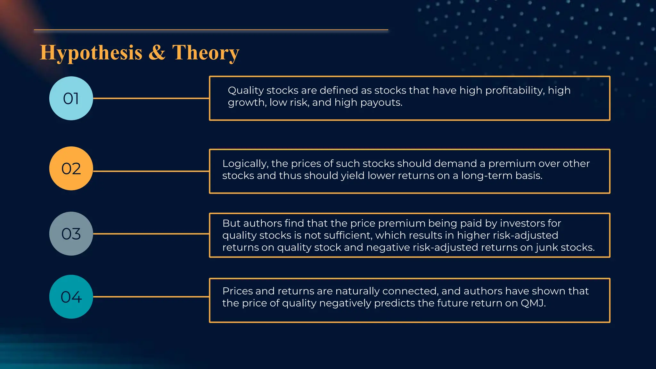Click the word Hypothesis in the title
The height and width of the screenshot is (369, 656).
click(x=91, y=53)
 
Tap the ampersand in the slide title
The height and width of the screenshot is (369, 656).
click(x=157, y=52)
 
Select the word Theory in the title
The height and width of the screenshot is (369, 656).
click(x=206, y=53)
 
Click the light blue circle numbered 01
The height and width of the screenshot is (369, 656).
click(x=71, y=98)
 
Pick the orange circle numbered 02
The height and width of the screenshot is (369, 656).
click(x=71, y=168)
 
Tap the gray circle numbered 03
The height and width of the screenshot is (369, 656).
click(x=71, y=234)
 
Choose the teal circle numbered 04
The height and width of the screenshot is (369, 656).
click(x=71, y=297)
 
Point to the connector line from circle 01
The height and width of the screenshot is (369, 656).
click(x=151, y=98)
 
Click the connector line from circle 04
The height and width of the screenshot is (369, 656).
click(x=151, y=297)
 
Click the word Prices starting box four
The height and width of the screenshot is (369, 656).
click(x=237, y=291)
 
